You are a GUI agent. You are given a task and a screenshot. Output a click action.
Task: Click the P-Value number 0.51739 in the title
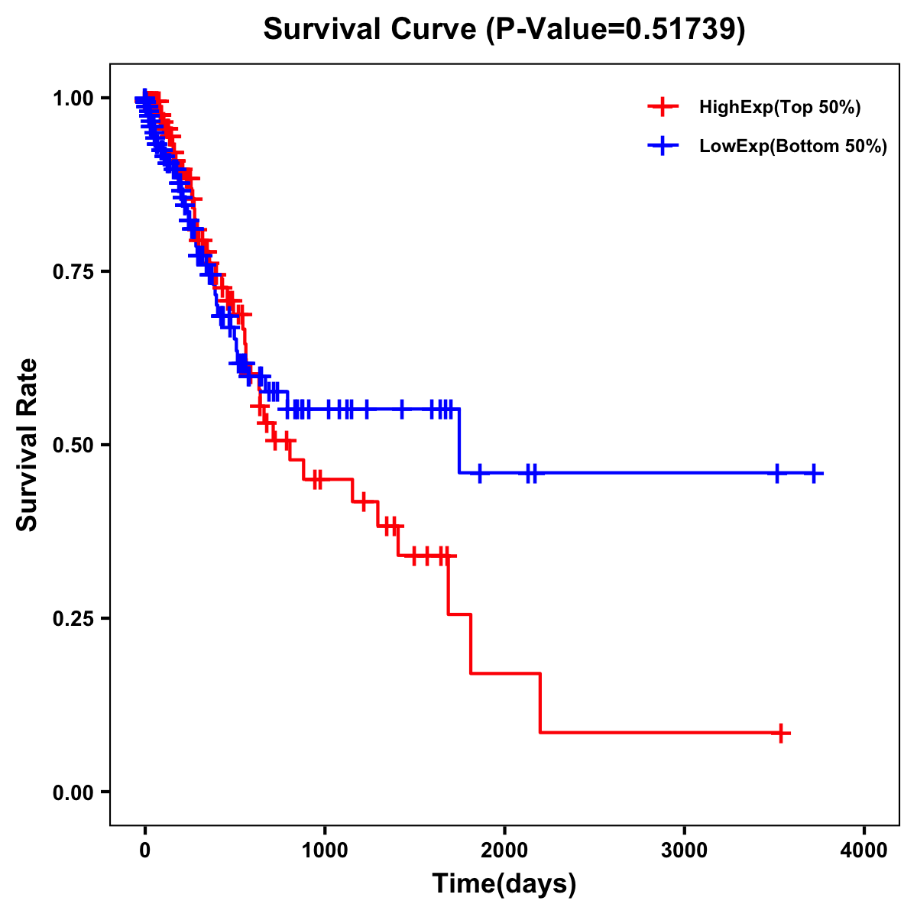(x=682, y=30)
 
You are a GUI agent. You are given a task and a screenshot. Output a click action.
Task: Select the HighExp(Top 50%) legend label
(x=779, y=108)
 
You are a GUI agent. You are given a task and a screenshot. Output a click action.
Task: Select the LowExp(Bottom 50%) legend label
(x=793, y=147)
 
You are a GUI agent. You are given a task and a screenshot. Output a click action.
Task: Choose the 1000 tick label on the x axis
(x=325, y=851)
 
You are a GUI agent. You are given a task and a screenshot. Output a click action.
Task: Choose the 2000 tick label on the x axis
(x=504, y=851)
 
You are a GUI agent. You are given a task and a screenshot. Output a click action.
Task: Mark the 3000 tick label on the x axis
(x=684, y=851)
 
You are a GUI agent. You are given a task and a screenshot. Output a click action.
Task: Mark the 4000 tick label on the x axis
(x=864, y=851)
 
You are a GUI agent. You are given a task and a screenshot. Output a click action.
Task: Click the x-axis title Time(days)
(x=504, y=884)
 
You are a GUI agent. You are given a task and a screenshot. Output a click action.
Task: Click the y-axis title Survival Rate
(x=28, y=445)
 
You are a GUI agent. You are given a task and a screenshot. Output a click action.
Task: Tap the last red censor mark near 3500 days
(x=780, y=733)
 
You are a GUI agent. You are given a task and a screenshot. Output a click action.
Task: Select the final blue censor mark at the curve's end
(x=814, y=474)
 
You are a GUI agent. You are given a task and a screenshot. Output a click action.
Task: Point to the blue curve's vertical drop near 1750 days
(x=459, y=441)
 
